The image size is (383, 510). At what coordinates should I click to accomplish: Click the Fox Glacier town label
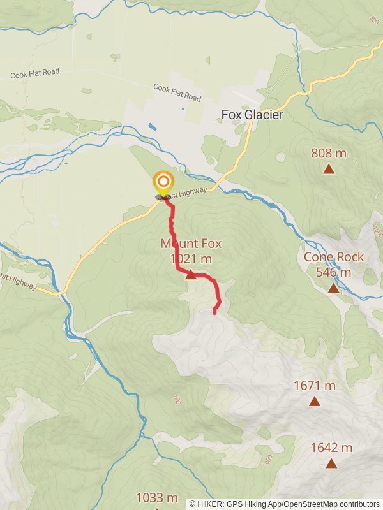pyautogui.click(x=252, y=115)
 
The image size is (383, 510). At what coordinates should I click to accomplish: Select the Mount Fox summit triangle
pyautogui.click(x=190, y=275)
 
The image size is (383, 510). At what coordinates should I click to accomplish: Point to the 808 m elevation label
pyautogui.click(x=329, y=153)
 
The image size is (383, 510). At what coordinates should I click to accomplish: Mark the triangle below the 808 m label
pyautogui.click(x=329, y=169)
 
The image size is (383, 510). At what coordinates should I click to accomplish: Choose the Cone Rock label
pyautogui.click(x=333, y=257)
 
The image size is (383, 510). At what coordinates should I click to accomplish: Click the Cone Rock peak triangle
pyautogui.click(x=333, y=288)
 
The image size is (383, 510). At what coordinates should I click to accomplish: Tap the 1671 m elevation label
pyautogui.click(x=315, y=386)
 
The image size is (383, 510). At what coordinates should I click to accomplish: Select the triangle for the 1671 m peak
pyautogui.click(x=315, y=401)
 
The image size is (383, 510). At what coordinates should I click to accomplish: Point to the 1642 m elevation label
pyautogui.click(x=331, y=448)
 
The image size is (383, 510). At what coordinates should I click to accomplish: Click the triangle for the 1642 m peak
pyautogui.click(x=331, y=463)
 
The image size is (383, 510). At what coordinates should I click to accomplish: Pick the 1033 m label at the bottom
pyautogui.click(x=157, y=498)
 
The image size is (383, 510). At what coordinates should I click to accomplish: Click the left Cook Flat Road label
pyautogui.click(x=35, y=73)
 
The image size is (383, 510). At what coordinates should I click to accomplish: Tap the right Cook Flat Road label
pyautogui.click(x=177, y=93)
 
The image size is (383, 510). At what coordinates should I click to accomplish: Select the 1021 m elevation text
pyautogui.click(x=191, y=259)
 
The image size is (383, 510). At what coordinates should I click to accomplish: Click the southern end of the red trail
pyautogui.click(x=214, y=312)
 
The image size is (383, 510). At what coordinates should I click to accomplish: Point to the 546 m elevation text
pyautogui.click(x=333, y=272)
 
